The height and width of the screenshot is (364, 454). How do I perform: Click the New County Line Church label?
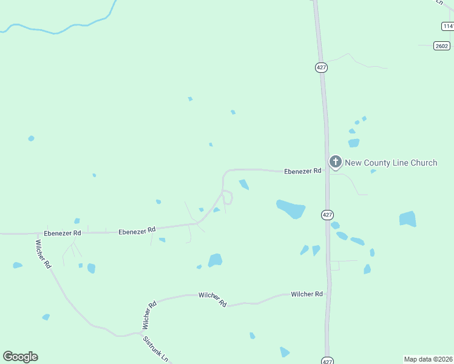pyautogui.click(x=391, y=163)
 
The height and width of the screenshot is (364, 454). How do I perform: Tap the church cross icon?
pyautogui.click(x=335, y=162)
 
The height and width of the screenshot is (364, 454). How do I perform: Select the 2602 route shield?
pyautogui.click(x=442, y=46)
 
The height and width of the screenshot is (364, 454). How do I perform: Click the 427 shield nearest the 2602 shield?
pyautogui.click(x=322, y=67)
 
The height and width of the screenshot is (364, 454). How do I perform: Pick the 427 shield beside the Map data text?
pyautogui.click(x=327, y=360)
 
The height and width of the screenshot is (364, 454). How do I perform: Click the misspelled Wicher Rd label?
pyautogui.click(x=149, y=315)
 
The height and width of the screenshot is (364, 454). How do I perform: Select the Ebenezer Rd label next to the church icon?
pyautogui.click(x=302, y=172)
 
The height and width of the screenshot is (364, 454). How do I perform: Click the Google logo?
pyautogui.click(x=20, y=357)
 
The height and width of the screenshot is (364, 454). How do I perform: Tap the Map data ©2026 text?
pyautogui.click(x=429, y=359)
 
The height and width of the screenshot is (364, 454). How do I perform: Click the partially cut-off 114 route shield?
pyautogui.click(x=448, y=26)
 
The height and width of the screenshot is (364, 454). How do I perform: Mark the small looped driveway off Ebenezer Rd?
pyautogui.click(x=228, y=197)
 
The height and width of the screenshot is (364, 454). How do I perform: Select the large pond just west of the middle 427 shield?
pyautogui.click(x=291, y=209)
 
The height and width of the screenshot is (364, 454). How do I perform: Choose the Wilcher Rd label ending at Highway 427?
pyautogui.click(x=307, y=294)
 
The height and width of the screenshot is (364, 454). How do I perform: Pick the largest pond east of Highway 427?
pyautogui.click(x=408, y=218)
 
